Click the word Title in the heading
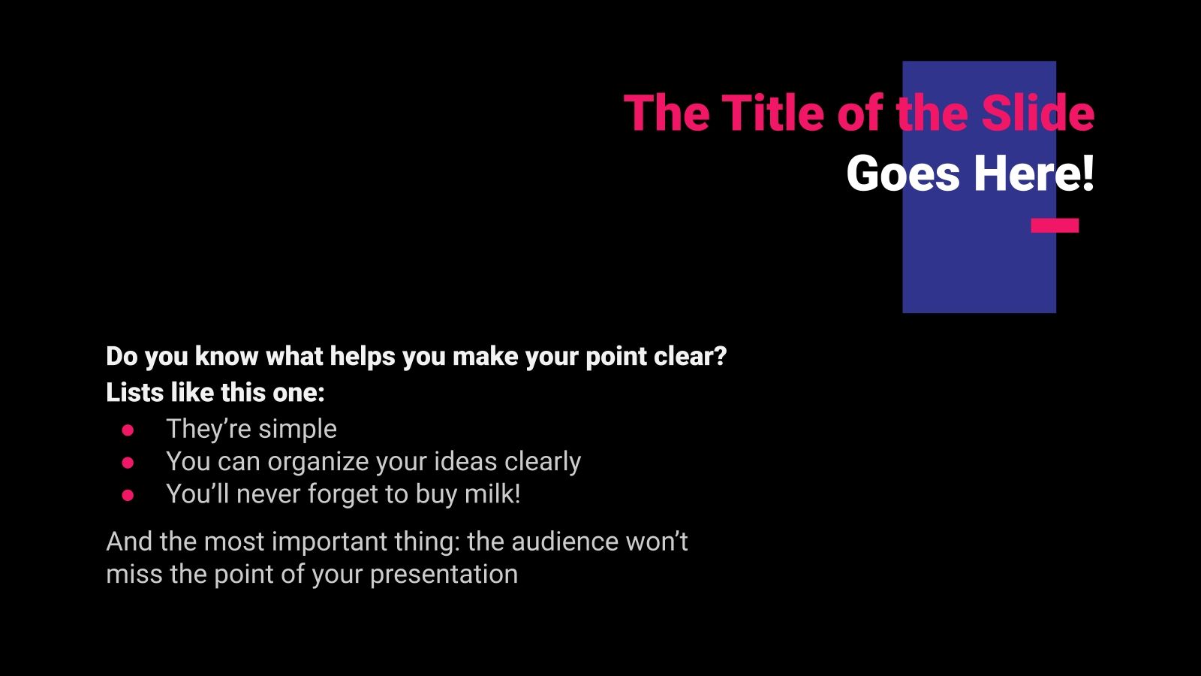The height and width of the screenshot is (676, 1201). click(774, 114)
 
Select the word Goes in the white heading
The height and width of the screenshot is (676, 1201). click(903, 174)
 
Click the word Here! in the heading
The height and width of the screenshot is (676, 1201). click(1034, 174)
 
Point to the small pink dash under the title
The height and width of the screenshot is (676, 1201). click(1055, 225)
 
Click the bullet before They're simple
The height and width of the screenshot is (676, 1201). click(128, 430)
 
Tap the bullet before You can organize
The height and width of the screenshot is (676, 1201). click(128, 463)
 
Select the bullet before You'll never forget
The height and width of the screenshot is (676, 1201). click(128, 496)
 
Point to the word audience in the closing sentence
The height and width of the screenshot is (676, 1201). click(555, 542)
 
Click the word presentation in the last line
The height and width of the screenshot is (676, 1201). click(444, 575)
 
